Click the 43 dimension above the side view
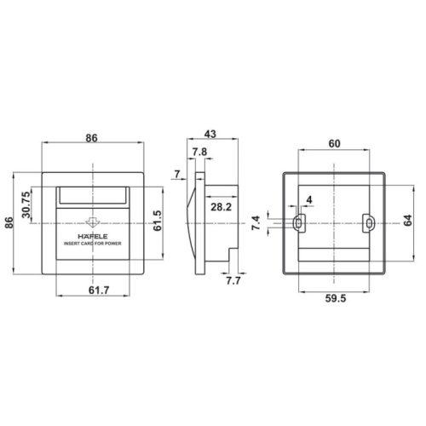[x=210, y=134]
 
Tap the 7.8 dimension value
[x=199, y=152]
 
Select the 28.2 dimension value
[x=221, y=207]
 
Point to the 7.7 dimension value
[x=233, y=280]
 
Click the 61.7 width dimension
[x=99, y=290]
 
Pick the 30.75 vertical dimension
[x=26, y=204]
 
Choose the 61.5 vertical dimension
[x=158, y=221]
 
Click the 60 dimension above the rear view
[x=334, y=144]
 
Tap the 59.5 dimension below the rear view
[x=336, y=298]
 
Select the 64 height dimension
[x=408, y=221]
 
